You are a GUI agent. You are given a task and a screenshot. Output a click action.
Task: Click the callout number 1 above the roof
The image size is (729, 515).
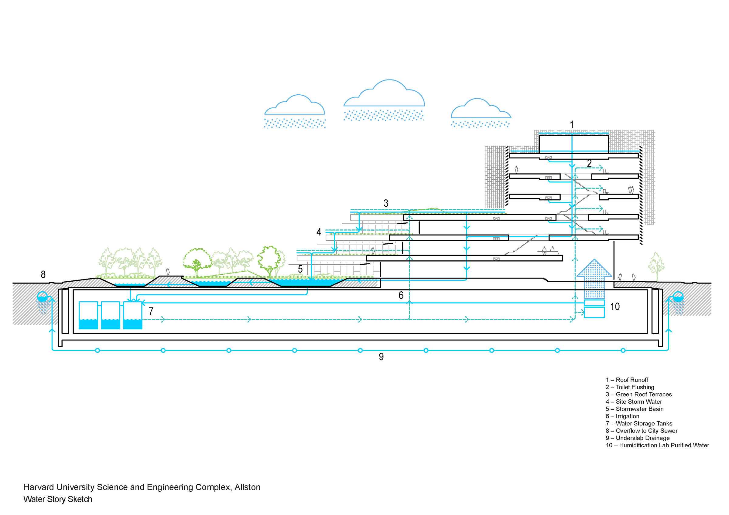pos(572,125)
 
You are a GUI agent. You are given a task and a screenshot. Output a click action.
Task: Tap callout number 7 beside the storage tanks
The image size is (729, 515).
pos(151,311)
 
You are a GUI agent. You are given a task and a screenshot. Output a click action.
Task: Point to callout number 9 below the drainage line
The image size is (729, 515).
pos(381,357)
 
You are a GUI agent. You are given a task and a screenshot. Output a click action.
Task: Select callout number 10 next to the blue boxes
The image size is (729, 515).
pos(615,307)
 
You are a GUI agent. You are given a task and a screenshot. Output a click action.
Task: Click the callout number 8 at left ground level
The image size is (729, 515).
pos(43,274)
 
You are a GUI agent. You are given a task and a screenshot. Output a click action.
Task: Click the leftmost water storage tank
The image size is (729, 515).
pos(88,315)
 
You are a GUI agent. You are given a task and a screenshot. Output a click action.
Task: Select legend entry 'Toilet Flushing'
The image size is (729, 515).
pos(630,387)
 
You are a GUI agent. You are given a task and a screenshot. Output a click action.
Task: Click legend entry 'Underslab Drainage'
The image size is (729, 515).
pos(638,438)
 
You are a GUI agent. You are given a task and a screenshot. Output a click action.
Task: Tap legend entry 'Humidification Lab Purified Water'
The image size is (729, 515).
pos(658,445)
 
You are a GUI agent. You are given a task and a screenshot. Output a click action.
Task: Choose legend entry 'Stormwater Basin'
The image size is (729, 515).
pos(635,409)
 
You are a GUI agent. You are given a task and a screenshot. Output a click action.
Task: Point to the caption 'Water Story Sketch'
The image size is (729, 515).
pos(58,499)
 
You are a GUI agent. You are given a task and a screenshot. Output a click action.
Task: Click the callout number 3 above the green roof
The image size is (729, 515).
pos(386,203)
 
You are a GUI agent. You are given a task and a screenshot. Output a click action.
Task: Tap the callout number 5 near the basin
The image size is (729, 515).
pos(300,269)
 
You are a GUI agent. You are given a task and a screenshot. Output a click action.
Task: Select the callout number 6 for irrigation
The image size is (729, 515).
pos(401,295)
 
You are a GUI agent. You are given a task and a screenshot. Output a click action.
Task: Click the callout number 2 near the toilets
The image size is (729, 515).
pos(589,163)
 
